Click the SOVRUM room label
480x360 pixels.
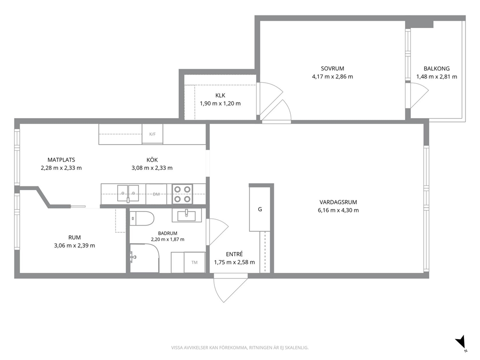(x=332, y=69)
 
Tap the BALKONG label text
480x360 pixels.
(x=436, y=69)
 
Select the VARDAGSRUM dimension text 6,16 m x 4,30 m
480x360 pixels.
(x=338, y=210)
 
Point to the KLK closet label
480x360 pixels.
(x=220, y=95)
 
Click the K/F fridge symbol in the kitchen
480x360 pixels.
(x=152, y=134)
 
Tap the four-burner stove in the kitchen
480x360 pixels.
(x=182, y=195)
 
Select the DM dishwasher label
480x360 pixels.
(x=156, y=194)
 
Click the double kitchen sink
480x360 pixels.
(x=128, y=194)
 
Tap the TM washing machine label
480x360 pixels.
(x=195, y=262)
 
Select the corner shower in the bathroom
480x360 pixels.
(x=144, y=258)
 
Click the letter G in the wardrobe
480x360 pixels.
(x=260, y=210)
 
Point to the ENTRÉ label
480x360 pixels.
(x=234, y=254)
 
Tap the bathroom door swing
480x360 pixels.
(x=217, y=232)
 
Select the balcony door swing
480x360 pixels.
(x=419, y=95)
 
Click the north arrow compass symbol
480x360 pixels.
(x=461, y=343)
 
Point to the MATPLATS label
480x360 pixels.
(x=61, y=160)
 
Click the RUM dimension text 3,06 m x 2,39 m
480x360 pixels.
(x=75, y=245)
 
